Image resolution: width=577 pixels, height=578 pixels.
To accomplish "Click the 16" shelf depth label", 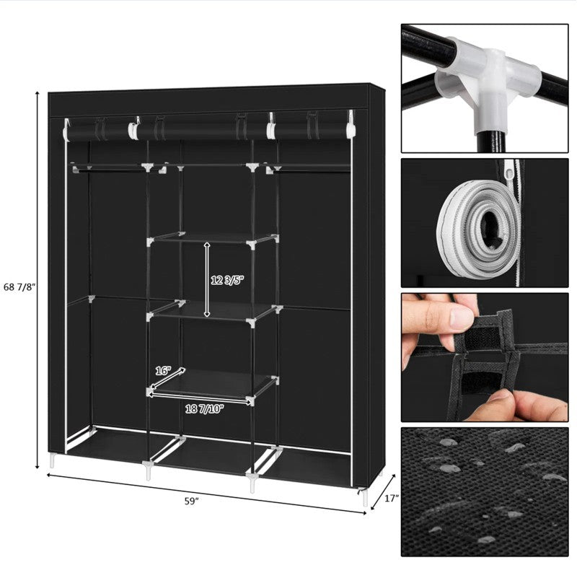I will [164, 370].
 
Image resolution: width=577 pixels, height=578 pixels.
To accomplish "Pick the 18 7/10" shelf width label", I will [205, 408].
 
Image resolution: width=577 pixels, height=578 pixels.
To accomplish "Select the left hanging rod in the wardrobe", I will [108, 167].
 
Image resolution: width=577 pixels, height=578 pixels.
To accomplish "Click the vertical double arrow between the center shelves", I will [208, 281].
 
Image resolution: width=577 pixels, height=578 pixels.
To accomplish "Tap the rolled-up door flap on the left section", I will [100, 130].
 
